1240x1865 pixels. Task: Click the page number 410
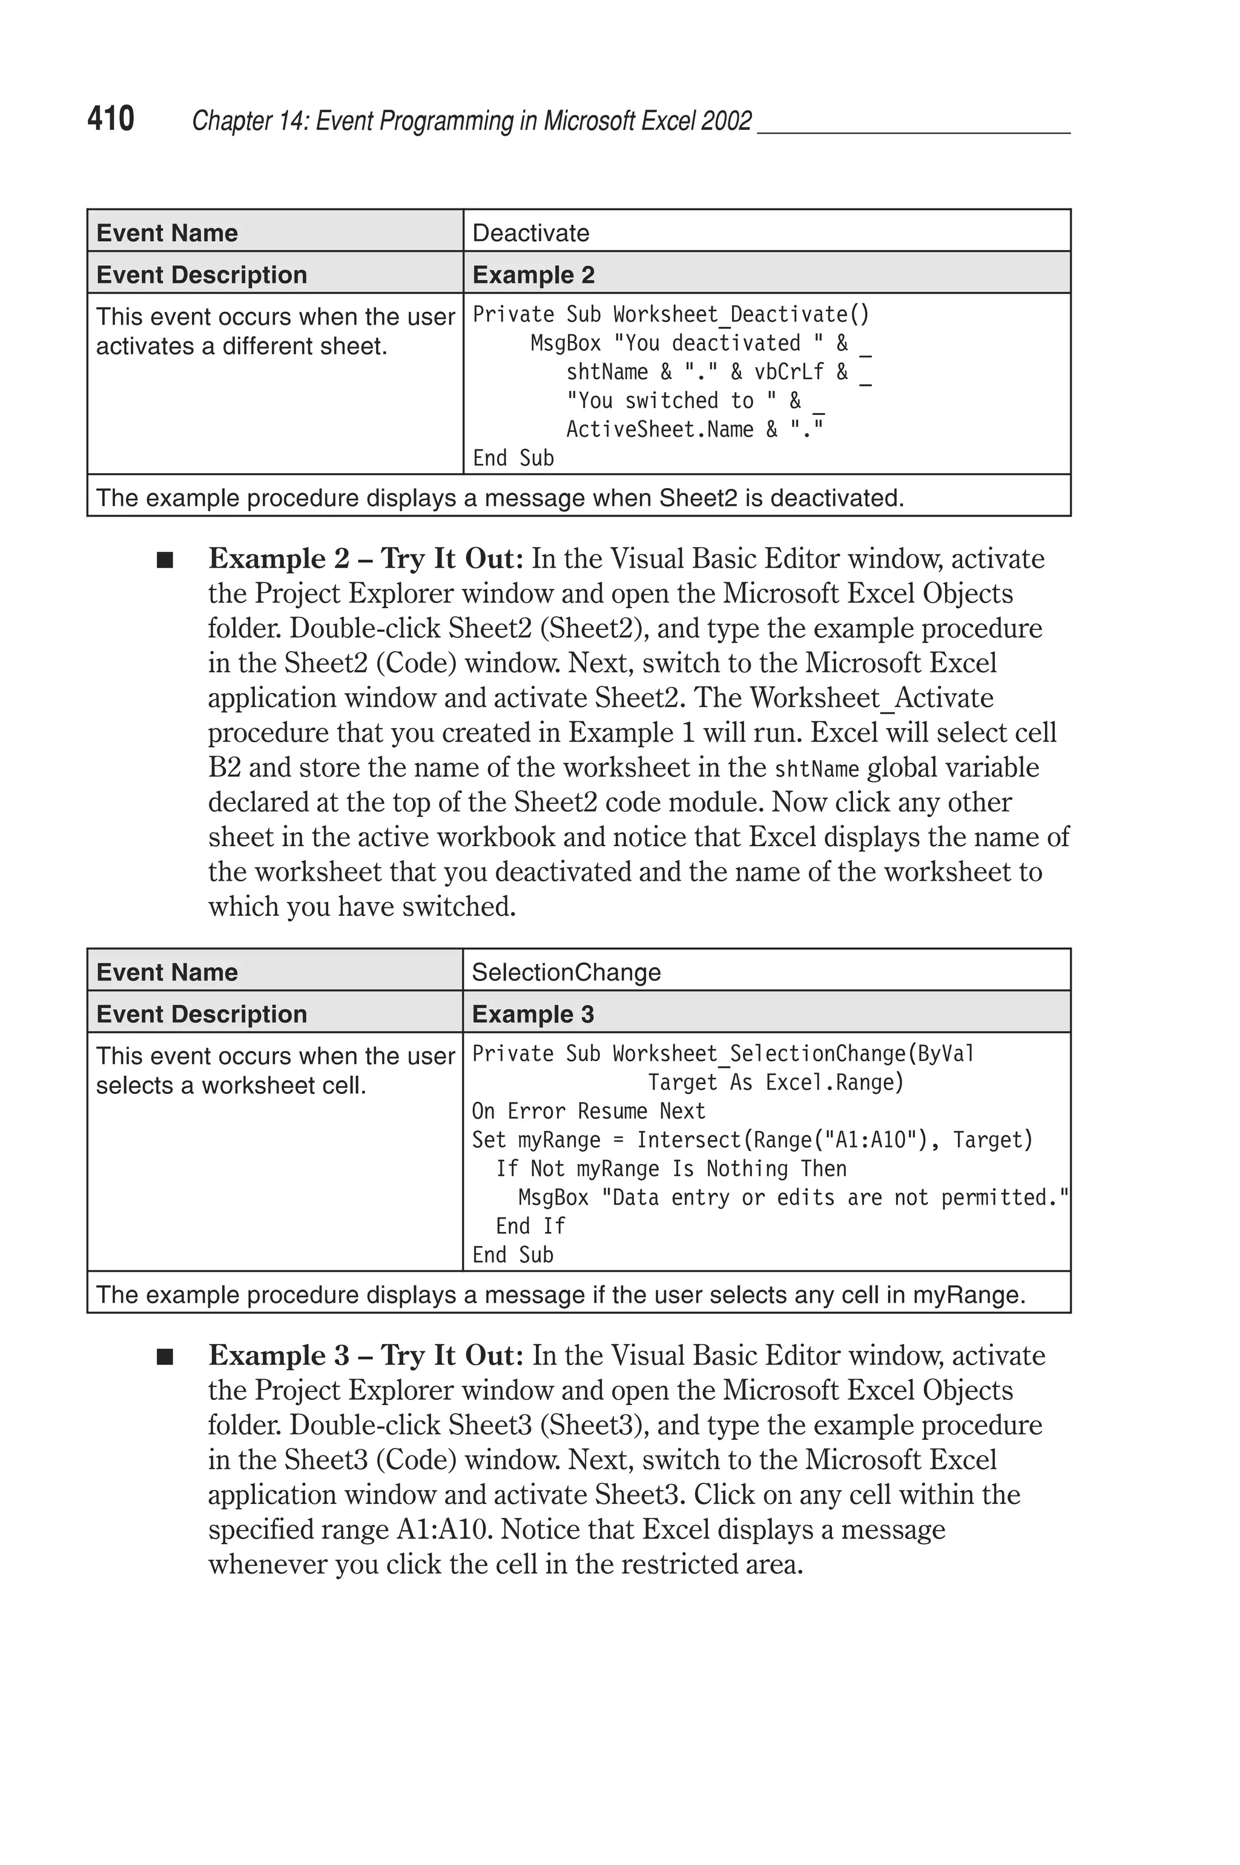pos(111,119)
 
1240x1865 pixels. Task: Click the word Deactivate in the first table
pos(530,233)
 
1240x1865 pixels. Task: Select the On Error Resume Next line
pos(589,1111)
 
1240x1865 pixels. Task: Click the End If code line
pos(530,1226)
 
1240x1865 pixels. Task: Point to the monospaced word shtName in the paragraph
pos(816,769)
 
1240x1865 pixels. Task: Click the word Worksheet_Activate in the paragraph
pos(871,698)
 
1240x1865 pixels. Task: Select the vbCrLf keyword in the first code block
pos(788,372)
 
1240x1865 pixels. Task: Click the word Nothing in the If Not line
pos(747,1168)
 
